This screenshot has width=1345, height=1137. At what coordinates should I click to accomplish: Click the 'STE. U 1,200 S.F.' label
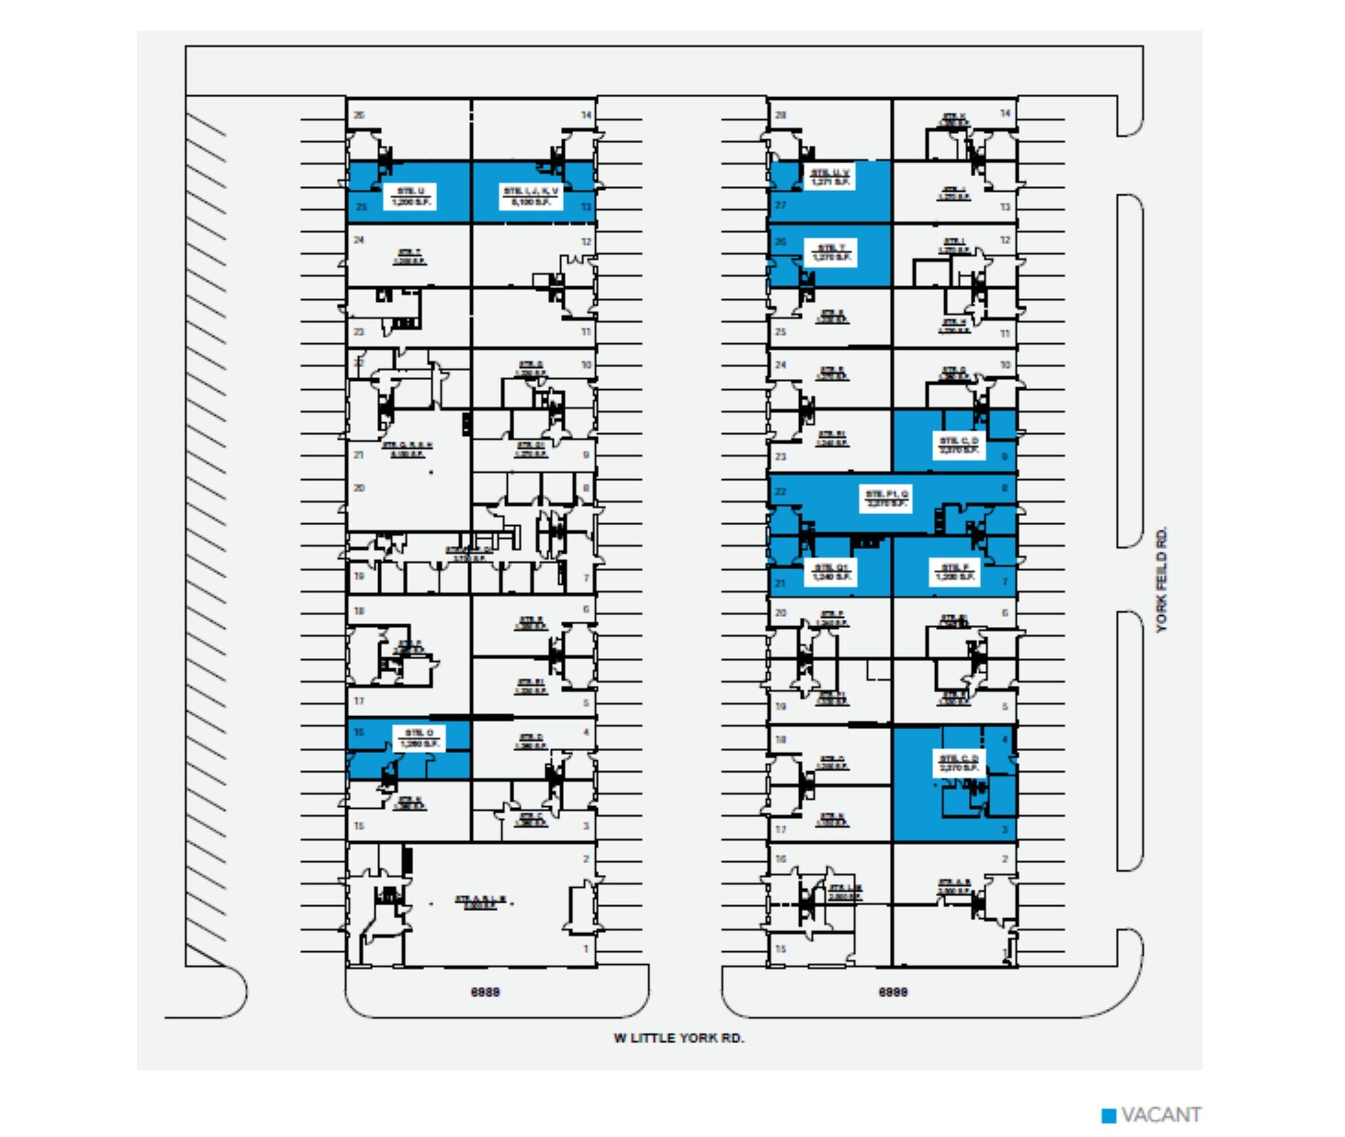point(411,196)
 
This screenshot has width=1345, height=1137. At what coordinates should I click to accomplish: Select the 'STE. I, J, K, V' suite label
point(531,196)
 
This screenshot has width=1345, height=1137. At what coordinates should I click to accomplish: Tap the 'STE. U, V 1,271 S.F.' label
point(830,177)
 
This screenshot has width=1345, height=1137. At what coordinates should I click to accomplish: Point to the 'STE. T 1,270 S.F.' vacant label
point(830,253)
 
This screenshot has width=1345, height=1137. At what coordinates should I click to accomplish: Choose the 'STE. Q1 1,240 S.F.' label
point(830,572)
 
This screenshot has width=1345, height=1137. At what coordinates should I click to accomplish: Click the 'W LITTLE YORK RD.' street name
point(678,1037)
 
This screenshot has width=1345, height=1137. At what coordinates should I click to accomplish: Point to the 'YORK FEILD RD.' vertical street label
point(1162,579)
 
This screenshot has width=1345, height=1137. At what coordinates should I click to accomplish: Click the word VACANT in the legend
point(1161,1115)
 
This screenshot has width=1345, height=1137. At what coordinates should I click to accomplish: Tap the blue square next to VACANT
point(1109,1115)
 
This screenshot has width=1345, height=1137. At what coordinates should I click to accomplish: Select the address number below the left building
point(485,991)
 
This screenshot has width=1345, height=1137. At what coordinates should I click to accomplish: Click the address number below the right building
point(893,991)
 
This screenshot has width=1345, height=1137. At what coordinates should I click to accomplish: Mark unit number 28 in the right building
point(780,115)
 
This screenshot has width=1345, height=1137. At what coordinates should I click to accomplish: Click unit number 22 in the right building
point(780,491)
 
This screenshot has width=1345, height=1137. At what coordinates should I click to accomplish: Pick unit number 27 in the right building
point(780,205)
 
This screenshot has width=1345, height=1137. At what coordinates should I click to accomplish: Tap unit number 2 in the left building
point(586,859)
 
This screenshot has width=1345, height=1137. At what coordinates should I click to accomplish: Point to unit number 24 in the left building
point(359,240)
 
